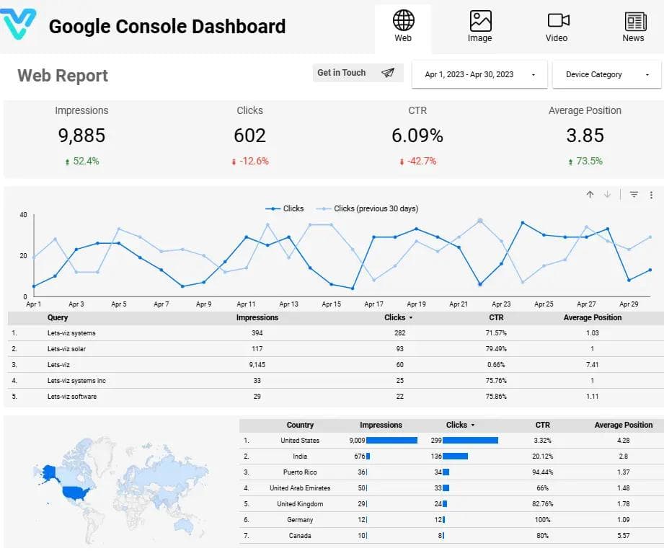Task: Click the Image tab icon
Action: click(x=480, y=20)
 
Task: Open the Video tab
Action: click(x=557, y=20)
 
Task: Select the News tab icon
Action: click(x=634, y=20)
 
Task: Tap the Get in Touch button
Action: click(x=355, y=73)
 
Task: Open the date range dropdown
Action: click(x=479, y=74)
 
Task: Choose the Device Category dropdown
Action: click(x=607, y=74)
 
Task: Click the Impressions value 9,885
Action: click(x=81, y=135)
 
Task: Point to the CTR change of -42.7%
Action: click(x=418, y=161)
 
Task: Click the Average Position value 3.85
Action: click(x=584, y=135)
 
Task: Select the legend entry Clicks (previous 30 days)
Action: click(x=375, y=208)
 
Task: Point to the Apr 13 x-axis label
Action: click(x=288, y=304)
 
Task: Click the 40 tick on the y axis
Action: click(x=23, y=215)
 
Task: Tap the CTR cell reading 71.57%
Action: click(x=496, y=333)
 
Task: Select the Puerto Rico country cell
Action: click(x=300, y=472)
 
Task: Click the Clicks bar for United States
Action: click(x=470, y=440)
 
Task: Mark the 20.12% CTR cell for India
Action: click(x=543, y=457)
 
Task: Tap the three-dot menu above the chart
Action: click(x=651, y=195)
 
